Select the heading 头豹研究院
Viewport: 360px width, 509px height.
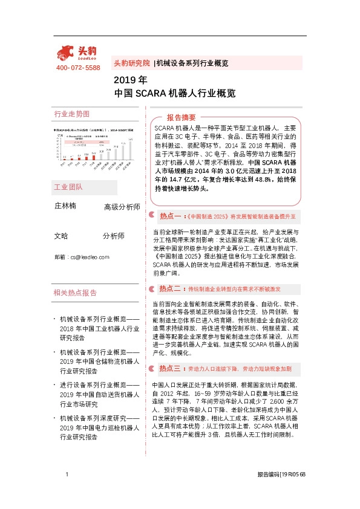click(x=131, y=63)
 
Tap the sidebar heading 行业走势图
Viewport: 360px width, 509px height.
click(x=71, y=114)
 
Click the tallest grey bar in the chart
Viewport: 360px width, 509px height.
click(x=131, y=151)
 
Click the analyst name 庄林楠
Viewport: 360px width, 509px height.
click(x=65, y=206)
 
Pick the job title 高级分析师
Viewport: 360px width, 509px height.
click(x=122, y=207)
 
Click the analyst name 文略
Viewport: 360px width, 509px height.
click(x=61, y=236)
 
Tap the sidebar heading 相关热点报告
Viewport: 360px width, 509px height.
click(x=75, y=293)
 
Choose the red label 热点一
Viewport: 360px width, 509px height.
click(x=170, y=215)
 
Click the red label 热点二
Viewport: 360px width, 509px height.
click(x=170, y=289)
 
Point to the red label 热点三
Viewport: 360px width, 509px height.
click(x=170, y=368)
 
